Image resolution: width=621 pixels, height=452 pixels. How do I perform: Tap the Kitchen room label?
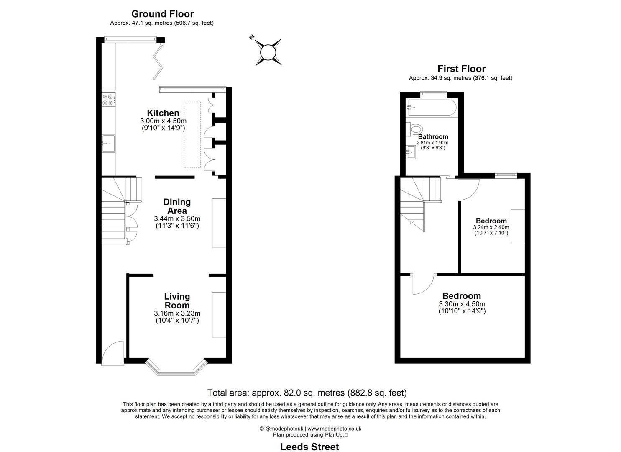click(x=163, y=113)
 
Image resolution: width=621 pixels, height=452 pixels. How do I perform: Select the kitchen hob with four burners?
click(x=109, y=99)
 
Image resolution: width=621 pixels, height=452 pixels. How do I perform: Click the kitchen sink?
click(x=108, y=144)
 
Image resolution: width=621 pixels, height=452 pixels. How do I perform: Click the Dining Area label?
click(x=177, y=206)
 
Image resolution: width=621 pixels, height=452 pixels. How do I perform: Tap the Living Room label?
click(x=177, y=301)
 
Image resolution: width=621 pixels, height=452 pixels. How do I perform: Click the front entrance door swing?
click(x=113, y=352)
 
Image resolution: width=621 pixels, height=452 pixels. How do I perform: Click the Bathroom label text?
click(x=433, y=137)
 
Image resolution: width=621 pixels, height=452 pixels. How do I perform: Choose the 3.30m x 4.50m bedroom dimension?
click(x=462, y=304)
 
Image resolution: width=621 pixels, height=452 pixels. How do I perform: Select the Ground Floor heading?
click(x=162, y=14)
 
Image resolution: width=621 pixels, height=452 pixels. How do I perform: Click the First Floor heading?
click(x=461, y=69)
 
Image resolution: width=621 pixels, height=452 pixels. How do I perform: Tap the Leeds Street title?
click(x=309, y=447)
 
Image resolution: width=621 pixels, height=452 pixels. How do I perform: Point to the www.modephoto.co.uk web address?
click(x=335, y=429)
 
